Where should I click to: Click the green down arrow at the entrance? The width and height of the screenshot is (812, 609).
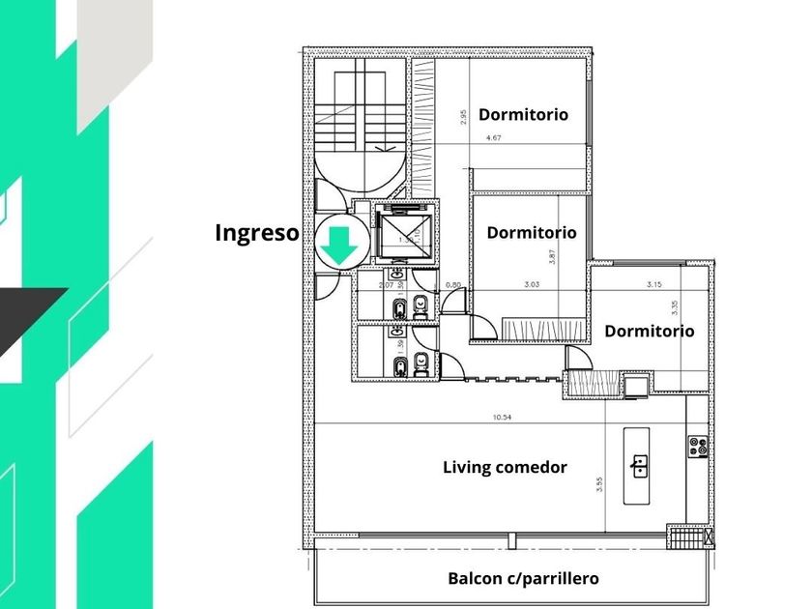tap(339, 246)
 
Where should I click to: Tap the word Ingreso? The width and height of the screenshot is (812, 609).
tap(256, 233)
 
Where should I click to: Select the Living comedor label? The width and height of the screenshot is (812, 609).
tap(505, 467)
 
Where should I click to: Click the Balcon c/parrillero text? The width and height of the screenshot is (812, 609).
tap(523, 579)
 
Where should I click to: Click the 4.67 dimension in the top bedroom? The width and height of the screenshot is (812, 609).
tap(493, 138)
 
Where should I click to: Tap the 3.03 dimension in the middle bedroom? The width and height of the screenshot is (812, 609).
tap(531, 284)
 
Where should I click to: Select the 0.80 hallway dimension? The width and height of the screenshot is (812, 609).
tap(453, 284)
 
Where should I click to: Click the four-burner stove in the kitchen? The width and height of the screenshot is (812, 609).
tap(697, 446)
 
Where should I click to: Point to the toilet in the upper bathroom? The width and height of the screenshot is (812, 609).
tap(420, 308)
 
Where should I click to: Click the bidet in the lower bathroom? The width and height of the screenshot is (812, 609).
tap(399, 364)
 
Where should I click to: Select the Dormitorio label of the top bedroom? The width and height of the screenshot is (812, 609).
tap(523, 114)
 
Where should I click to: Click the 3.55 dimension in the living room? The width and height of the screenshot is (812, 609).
tap(599, 483)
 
